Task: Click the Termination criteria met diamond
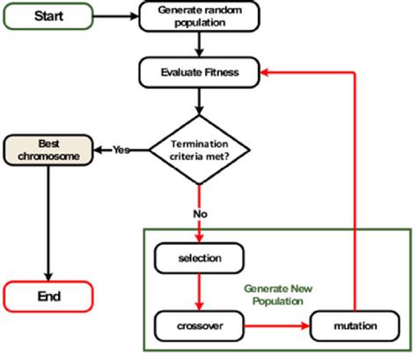(201, 150)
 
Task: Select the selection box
(201, 259)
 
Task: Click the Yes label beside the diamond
(121, 150)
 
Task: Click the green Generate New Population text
(277, 294)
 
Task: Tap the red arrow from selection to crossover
(201, 291)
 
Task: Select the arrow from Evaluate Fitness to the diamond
(201, 101)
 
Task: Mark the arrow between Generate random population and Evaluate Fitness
(201, 46)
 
